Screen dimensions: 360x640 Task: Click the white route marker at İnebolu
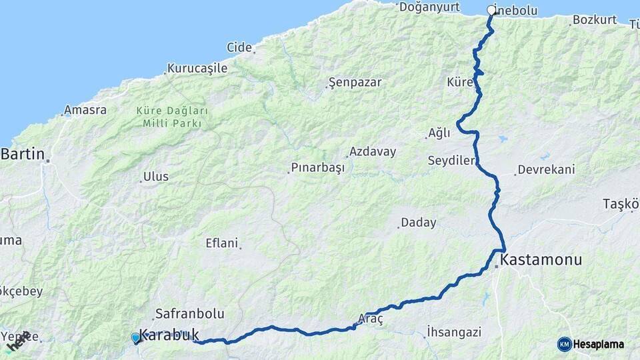(x=492, y=10)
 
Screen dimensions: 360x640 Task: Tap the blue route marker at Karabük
(x=136, y=338)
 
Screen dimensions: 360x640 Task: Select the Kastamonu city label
(x=541, y=260)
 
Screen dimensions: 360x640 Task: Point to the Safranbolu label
(x=189, y=313)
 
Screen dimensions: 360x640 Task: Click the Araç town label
(x=371, y=319)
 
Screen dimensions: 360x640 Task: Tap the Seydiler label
(x=451, y=161)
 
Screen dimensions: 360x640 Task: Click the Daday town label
(x=419, y=223)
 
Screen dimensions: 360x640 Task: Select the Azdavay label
(x=373, y=151)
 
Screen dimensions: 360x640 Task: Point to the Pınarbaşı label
(x=318, y=167)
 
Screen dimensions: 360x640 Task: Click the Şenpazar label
(x=355, y=83)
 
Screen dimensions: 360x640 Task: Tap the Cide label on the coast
(x=239, y=47)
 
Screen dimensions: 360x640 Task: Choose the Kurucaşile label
(x=197, y=68)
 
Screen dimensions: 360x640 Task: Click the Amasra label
(x=85, y=110)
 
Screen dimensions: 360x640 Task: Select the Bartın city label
(x=23, y=155)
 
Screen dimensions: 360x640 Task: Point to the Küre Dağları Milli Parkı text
(x=172, y=117)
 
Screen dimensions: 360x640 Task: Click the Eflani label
(x=222, y=243)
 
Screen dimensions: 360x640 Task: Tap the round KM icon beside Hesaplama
(x=565, y=344)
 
